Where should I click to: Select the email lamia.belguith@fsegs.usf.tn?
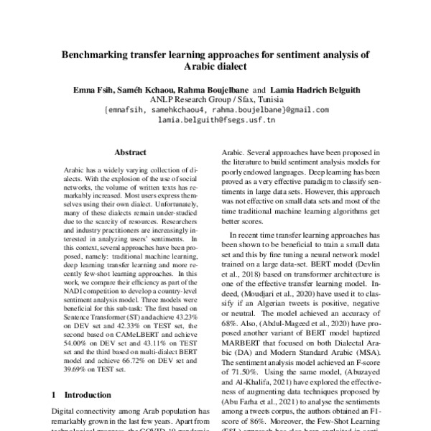[216, 121]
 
